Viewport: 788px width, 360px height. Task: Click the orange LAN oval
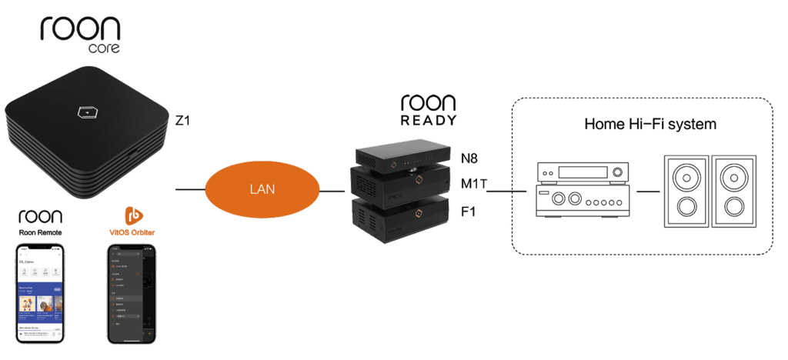(262, 188)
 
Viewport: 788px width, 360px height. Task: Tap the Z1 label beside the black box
(183, 120)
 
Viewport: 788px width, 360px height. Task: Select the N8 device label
(469, 158)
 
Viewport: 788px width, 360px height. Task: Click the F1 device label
(468, 210)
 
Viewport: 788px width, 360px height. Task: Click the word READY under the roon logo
(429, 121)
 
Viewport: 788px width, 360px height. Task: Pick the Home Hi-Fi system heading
(650, 123)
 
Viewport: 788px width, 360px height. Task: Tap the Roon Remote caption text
(39, 232)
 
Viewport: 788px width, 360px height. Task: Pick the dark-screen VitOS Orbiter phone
(131, 294)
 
